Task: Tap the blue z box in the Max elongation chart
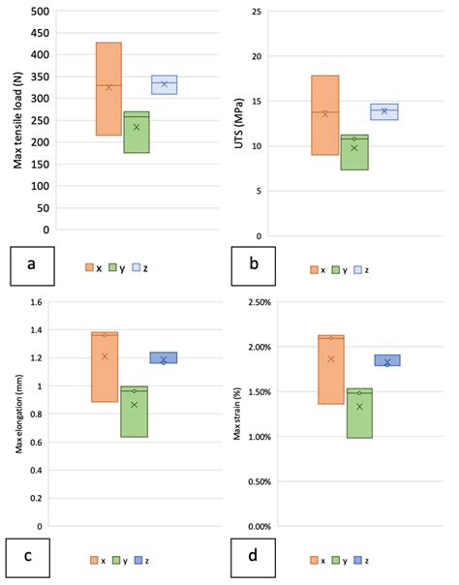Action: point(164,357)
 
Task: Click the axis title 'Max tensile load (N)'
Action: point(17,120)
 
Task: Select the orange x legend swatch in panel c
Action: point(93,559)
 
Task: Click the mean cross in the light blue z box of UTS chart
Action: point(384,110)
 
